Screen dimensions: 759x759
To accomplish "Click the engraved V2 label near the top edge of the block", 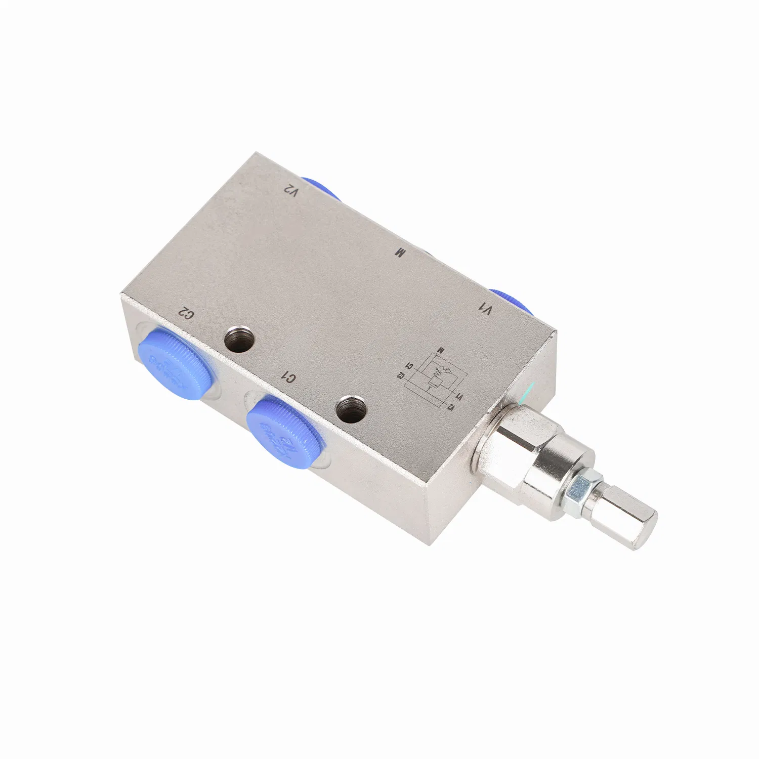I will (289, 191).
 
